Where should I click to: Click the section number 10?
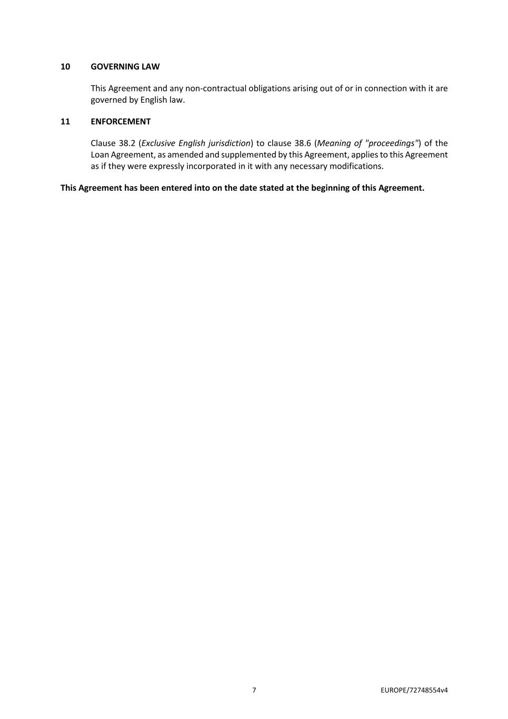pos(65,66)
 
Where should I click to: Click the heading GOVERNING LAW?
pos(125,66)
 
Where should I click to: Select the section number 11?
pos(65,121)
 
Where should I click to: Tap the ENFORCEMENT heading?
pos(121,121)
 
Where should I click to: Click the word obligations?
pos(270,88)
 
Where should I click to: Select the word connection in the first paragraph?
pos(385,88)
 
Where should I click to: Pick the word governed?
pos(109,100)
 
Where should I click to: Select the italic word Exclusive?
pos(158,143)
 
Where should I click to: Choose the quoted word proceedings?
pos(392,143)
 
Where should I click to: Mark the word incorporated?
pos(212,166)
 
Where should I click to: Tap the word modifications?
pos(356,166)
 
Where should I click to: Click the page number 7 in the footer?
pos(254,690)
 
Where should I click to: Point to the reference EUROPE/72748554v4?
pos(414,690)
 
